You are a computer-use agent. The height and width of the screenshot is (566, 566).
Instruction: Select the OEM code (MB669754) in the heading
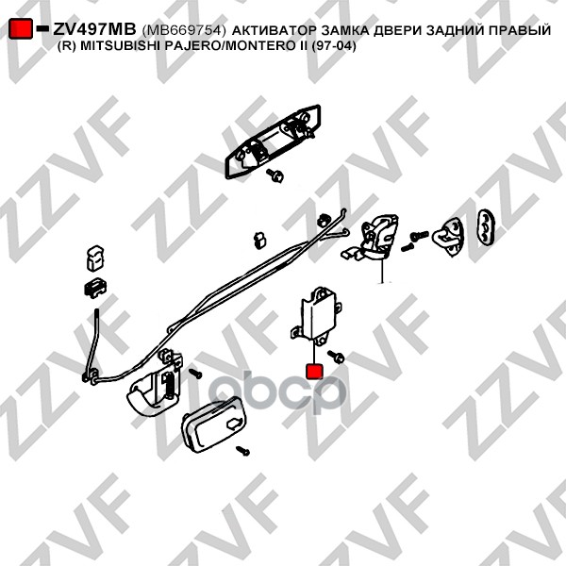pyautogui.click(x=185, y=31)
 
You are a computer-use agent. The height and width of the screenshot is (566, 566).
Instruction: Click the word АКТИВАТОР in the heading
pyautogui.click(x=273, y=31)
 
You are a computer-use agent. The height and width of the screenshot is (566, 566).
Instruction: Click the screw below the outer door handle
pyautogui.click(x=276, y=176)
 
